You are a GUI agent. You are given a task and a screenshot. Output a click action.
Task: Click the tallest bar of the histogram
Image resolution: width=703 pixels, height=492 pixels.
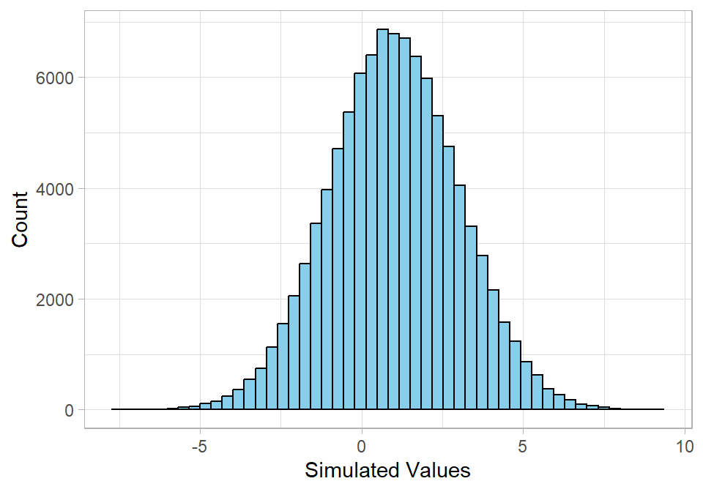tap(382, 220)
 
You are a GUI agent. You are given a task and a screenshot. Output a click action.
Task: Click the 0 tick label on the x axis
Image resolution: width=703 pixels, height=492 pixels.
tap(362, 447)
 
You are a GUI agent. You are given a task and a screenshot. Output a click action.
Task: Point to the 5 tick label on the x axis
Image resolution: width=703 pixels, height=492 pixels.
tap(523, 447)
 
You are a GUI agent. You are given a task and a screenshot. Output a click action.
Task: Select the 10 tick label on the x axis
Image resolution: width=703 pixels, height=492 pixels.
tap(684, 447)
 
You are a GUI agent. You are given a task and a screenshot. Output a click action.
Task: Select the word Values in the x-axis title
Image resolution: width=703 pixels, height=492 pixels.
tap(439, 470)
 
